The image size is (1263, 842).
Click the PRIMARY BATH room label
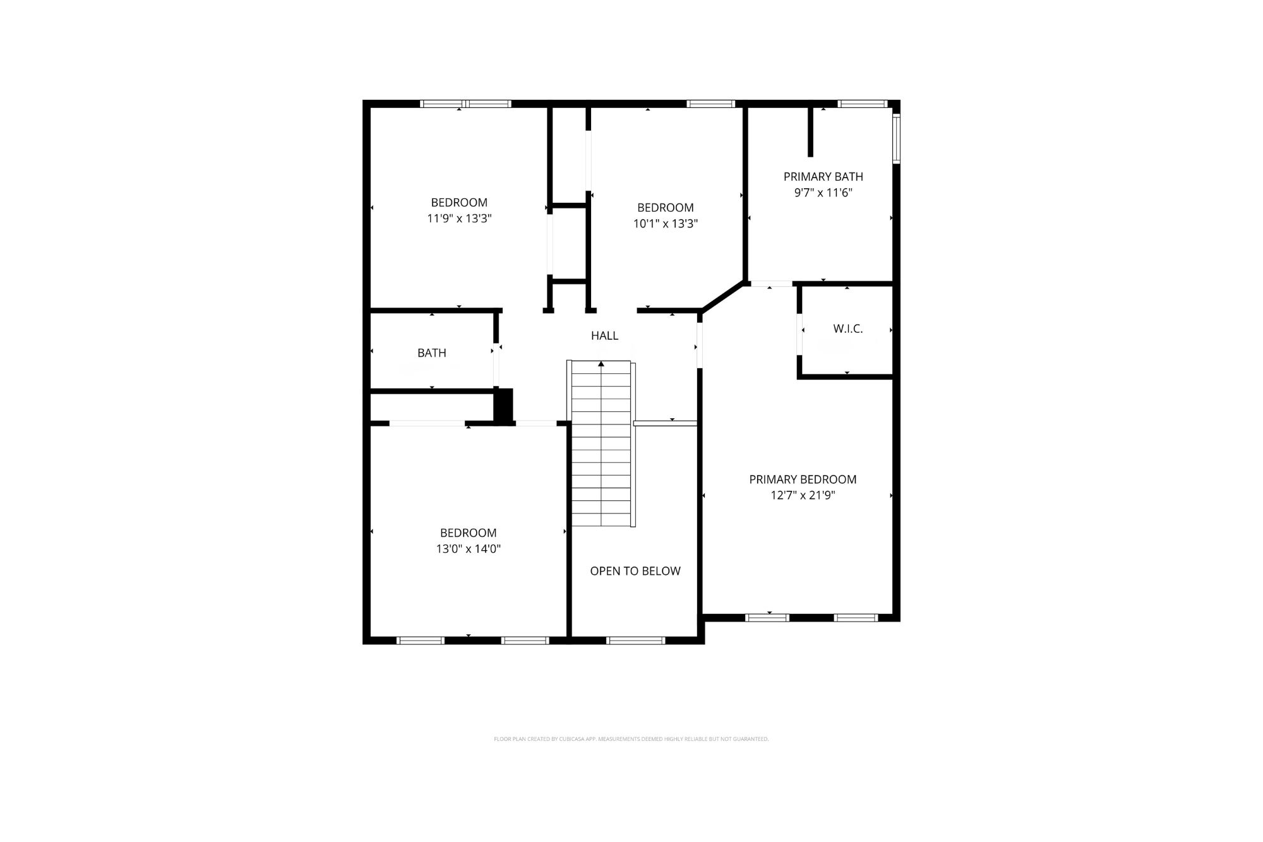coord(823,177)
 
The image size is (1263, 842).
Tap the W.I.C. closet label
coord(847,329)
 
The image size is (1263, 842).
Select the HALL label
coord(604,336)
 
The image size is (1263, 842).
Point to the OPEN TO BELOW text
coord(635,571)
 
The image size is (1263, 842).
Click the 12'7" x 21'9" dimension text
coord(803,495)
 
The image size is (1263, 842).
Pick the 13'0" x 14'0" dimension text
coord(468,549)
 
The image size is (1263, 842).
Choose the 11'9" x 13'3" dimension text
coord(459,219)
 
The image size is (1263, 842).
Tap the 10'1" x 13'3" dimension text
coord(665,224)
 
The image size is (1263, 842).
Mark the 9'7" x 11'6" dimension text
coord(823,193)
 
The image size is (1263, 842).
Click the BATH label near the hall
coord(432,353)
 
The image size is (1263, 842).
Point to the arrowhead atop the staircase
coord(601,364)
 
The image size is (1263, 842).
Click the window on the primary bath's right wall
coord(896,138)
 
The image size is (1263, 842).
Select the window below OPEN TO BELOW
coord(635,640)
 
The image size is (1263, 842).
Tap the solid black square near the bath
coord(503,406)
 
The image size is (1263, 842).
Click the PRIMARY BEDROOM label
coord(803,479)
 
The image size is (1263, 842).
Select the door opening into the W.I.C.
coord(799,334)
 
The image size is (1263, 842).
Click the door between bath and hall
coord(496,364)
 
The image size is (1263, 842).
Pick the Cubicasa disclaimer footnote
coord(631,739)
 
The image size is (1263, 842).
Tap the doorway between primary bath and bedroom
coord(771,284)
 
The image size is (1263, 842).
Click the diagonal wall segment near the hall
coord(722,297)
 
